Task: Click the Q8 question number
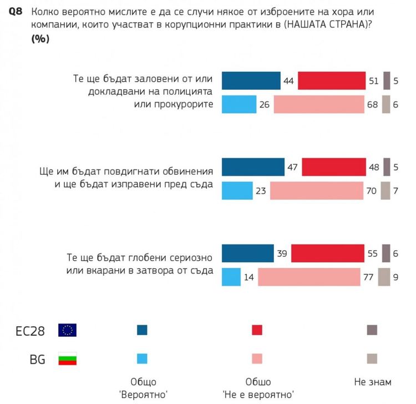[16, 11]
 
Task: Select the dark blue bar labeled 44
[251, 80]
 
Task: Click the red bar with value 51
[332, 80]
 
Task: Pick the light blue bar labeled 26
[239, 104]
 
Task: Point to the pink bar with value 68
[319, 104]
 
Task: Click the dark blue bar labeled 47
[253, 166]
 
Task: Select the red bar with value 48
[333, 166]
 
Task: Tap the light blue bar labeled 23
[237, 190]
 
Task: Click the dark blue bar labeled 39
[247, 252]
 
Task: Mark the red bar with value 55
[328, 252]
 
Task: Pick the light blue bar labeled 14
[231, 276]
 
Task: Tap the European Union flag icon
[68, 330]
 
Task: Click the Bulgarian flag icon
[68, 359]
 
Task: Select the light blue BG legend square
[142, 359]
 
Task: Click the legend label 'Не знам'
[373, 382]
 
